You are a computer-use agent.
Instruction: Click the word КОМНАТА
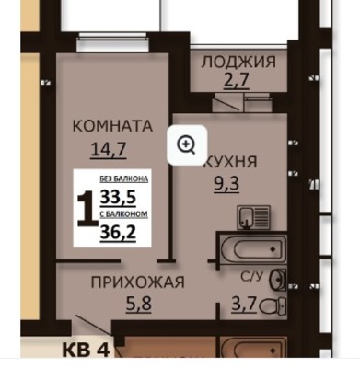tap(112, 126)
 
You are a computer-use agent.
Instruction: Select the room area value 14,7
tap(109, 150)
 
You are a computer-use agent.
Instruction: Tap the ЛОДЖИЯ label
tap(238, 62)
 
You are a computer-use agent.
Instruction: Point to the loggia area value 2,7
tap(236, 81)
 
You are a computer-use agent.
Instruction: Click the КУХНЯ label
tap(232, 161)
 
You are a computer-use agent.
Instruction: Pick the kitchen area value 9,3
tap(226, 184)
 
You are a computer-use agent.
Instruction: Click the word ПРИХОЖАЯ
tap(138, 282)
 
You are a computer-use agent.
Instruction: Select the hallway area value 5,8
tap(139, 305)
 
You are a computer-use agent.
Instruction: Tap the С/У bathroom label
tap(252, 277)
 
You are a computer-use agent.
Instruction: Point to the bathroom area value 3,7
tap(244, 305)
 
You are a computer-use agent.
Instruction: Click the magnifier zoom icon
tap(187, 144)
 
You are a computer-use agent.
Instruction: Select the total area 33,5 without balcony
tap(118, 197)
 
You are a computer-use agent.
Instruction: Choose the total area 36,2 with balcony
tap(118, 232)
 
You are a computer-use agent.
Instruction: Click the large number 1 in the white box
tap(86, 209)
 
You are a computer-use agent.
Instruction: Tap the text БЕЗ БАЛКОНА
tap(124, 178)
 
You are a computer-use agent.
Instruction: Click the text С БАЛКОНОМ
tap(124, 214)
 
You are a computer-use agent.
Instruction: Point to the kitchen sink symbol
tap(253, 217)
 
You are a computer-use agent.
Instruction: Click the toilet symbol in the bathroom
tap(273, 305)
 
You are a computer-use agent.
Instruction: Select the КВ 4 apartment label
tap(86, 350)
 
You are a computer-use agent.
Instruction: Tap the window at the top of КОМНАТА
tap(111, 41)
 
